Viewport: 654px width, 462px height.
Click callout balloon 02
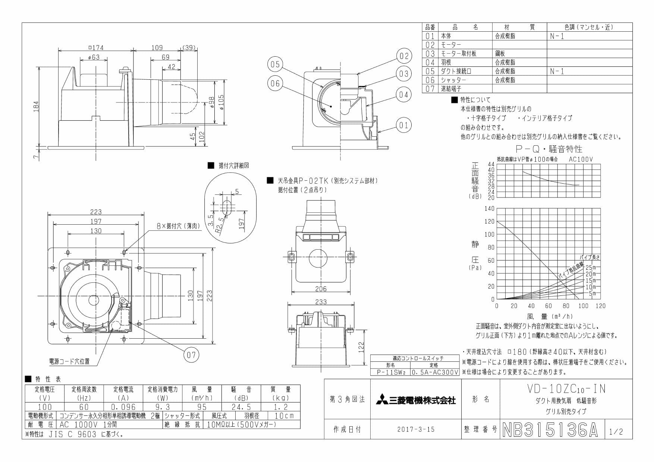[x=404, y=56]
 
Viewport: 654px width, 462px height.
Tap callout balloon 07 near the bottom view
[x=191, y=354]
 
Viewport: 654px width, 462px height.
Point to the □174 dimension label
[x=95, y=47]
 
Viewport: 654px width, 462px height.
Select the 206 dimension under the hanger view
[x=320, y=288]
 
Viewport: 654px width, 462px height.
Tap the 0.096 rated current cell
[x=123, y=407]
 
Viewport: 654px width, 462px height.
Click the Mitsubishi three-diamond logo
[x=382, y=400]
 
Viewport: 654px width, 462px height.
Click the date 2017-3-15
[x=416, y=429]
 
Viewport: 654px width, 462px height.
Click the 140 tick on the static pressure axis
[x=489, y=208]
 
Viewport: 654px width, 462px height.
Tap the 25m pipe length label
[x=591, y=268]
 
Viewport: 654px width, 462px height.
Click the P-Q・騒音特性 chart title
[x=548, y=149]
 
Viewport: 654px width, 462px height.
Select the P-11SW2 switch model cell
[x=390, y=372]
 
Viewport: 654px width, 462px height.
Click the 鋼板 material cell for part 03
[x=500, y=54]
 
